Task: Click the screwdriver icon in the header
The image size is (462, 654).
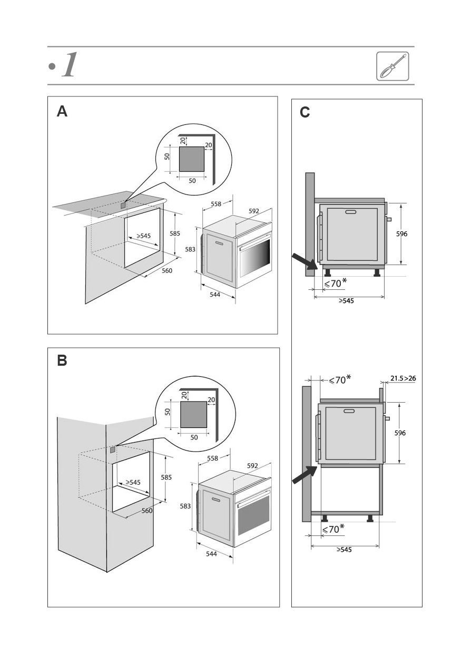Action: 392,66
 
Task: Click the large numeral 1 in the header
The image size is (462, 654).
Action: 69,65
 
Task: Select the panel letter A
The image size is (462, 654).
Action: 62,112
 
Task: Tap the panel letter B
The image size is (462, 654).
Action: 62,361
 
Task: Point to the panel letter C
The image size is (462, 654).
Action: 304,112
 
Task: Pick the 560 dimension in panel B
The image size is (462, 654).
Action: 147,511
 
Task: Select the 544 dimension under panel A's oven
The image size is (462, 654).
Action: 214,295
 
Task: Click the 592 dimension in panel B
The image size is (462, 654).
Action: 252,466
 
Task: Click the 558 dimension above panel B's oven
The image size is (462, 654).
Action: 212,458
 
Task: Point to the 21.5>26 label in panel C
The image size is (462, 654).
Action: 403,378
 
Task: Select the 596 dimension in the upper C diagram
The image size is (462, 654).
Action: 402,233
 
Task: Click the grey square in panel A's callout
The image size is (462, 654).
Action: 192,159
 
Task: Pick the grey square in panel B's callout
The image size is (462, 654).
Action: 193,414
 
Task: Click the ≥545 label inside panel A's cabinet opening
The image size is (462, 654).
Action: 143,236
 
